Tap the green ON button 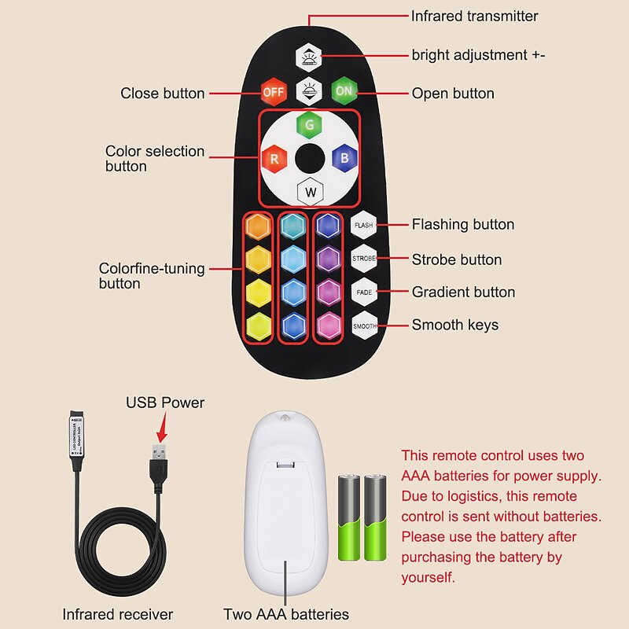pos(344,91)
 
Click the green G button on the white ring pos(309,124)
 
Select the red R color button pos(274,158)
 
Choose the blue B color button pos(344,157)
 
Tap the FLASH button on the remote pos(364,226)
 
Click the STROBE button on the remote pos(364,259)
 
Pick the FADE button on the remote pos(364,292)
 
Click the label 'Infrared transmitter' pos(474,16)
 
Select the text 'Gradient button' pos(463,292)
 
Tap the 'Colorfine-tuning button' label pos(151,276)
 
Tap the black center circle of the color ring pos(310,158)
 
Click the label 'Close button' pos(162,94)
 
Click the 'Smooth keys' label pos(454,325)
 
